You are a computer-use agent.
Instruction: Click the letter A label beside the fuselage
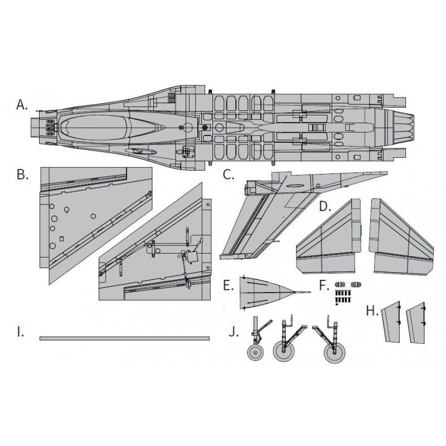point(22,104)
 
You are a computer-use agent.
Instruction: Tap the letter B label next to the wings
point(22,175)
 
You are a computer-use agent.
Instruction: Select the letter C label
point(229,175)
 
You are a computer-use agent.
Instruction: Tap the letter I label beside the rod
point(20,333)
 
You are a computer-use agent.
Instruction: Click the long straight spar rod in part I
point(124,338)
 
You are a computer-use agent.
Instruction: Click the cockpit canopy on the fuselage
point(111,128)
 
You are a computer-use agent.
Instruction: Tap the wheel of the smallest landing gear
point(256,352)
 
